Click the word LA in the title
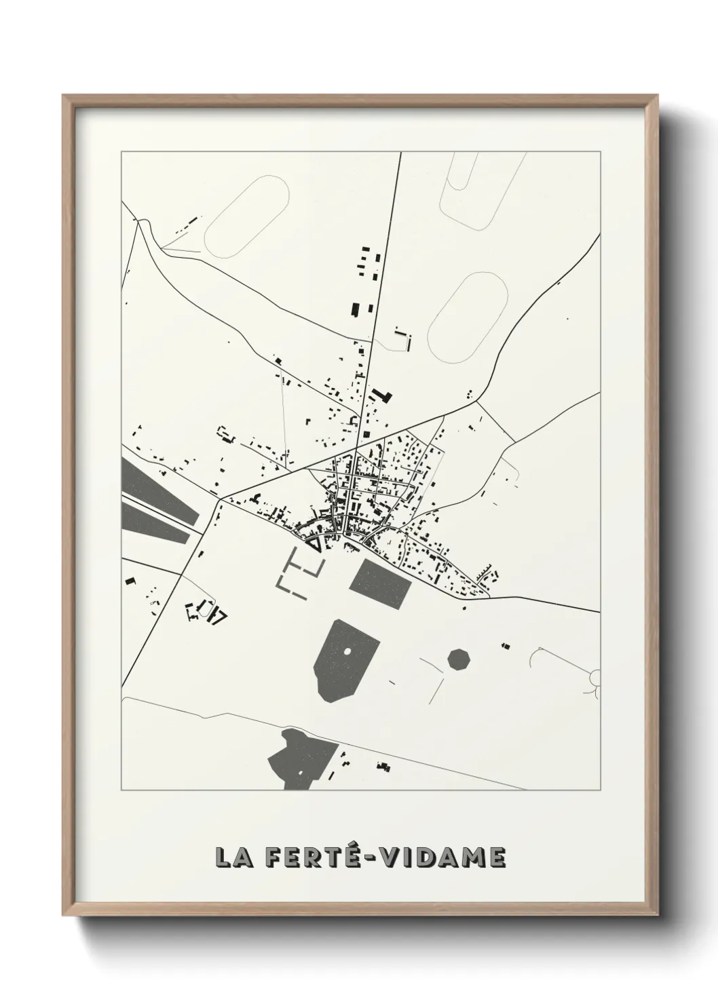235,857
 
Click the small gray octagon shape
459,659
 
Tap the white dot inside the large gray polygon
348,651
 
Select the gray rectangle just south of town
381,583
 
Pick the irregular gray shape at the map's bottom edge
299,758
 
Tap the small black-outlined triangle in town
314,543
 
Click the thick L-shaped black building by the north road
383,396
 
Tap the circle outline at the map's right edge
595,676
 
